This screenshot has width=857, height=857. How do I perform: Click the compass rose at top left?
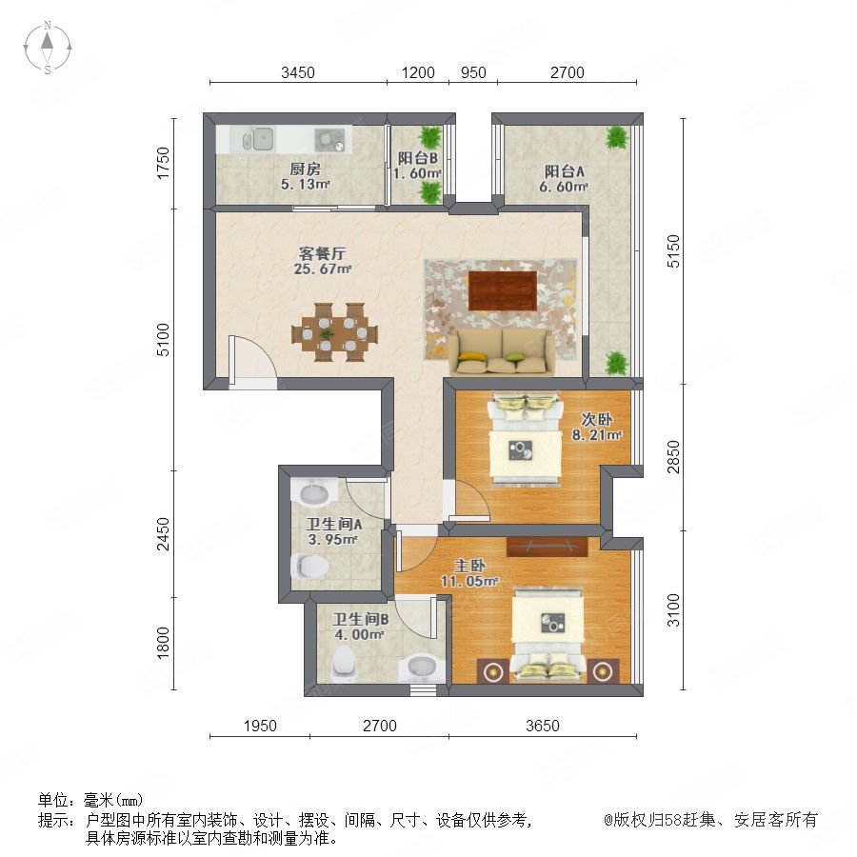(x=48, y=47)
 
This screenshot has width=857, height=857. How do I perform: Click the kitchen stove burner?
(x=329, y=140)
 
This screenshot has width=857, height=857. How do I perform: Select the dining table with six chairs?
(x=334, y=331)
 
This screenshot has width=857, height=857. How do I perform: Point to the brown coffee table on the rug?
(x=502, y=290)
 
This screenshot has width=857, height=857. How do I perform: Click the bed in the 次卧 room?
(x=526, y=438)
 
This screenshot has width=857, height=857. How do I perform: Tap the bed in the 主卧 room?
(x=548, y=634)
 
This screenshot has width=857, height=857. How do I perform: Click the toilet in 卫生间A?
(x=310, y=566)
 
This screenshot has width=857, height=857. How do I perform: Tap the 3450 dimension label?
(x=298, y=72)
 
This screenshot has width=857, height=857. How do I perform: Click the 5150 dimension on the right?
(x=673, y=250)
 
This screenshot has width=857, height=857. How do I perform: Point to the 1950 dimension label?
(x=260, y=726)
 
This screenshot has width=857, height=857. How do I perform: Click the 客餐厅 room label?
(x=322, y=253)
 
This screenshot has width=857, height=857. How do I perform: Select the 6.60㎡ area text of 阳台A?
(x=564, y=187)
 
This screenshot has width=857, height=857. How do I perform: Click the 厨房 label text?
(x=305, y=169)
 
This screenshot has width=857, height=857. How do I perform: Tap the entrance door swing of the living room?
(x=253, y=357)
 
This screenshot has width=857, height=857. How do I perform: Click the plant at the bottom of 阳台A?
(x=616, y=364)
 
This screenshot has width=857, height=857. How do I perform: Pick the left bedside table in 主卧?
(x=493, y=670)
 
